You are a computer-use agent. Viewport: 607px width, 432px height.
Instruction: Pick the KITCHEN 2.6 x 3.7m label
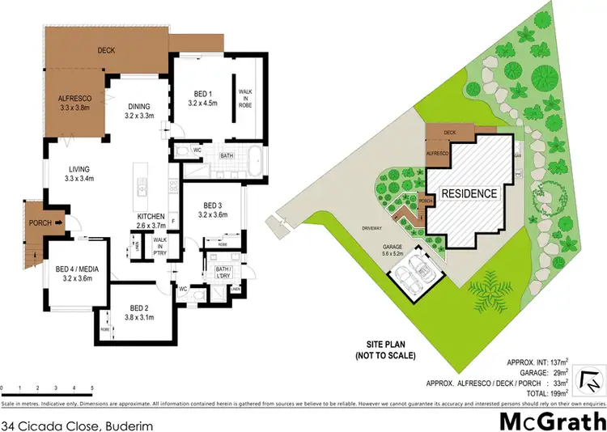[151, 222]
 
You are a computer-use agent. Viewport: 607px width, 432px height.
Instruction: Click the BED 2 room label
[142, 311]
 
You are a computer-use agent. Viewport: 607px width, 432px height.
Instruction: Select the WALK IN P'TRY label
[160, 245]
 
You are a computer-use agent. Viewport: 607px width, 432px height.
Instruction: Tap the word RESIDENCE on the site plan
[469, 194]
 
